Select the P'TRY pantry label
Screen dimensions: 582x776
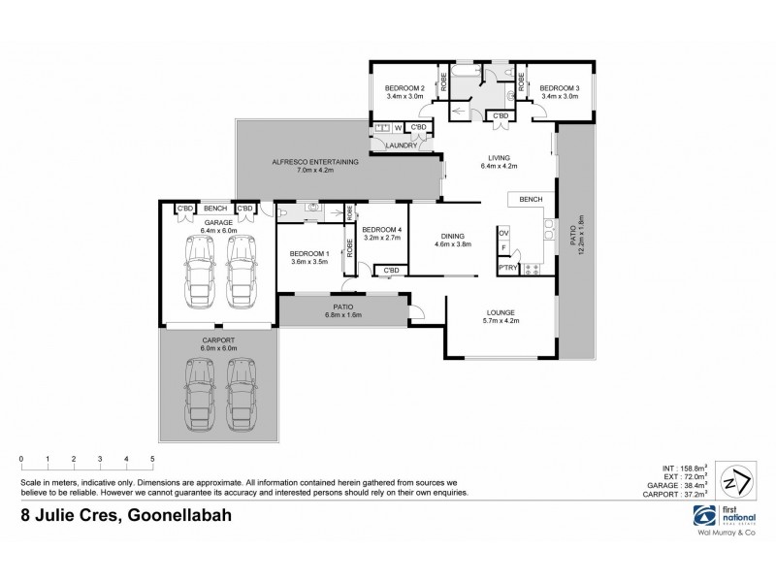pyautogui.click(x=505, y=267)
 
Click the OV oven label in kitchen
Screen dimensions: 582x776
pyautogui.click(x=503, y=234)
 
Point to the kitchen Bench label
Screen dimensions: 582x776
pyautogui.click(x=530, y=199)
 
